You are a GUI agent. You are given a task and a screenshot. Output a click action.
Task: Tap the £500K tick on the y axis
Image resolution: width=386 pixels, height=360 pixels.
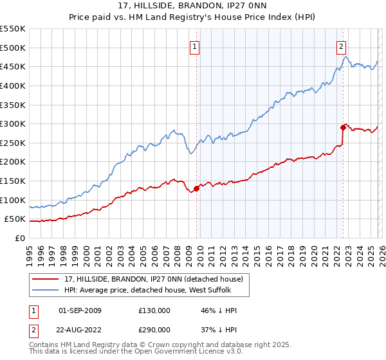tap(13, 48)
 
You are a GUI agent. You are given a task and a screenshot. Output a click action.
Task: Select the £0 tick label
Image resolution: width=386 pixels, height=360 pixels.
tap(19, 238)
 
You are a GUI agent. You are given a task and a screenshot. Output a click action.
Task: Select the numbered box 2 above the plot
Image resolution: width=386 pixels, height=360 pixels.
tap(340, 46)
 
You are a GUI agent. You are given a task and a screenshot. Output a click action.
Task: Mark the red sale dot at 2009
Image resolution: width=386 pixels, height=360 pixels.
tap(196, 188)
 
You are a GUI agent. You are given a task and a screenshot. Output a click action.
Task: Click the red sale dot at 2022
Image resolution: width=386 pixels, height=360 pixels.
tap(343, 127)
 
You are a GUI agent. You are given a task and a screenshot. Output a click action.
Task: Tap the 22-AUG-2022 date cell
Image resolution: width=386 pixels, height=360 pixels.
tap(79, 328)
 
